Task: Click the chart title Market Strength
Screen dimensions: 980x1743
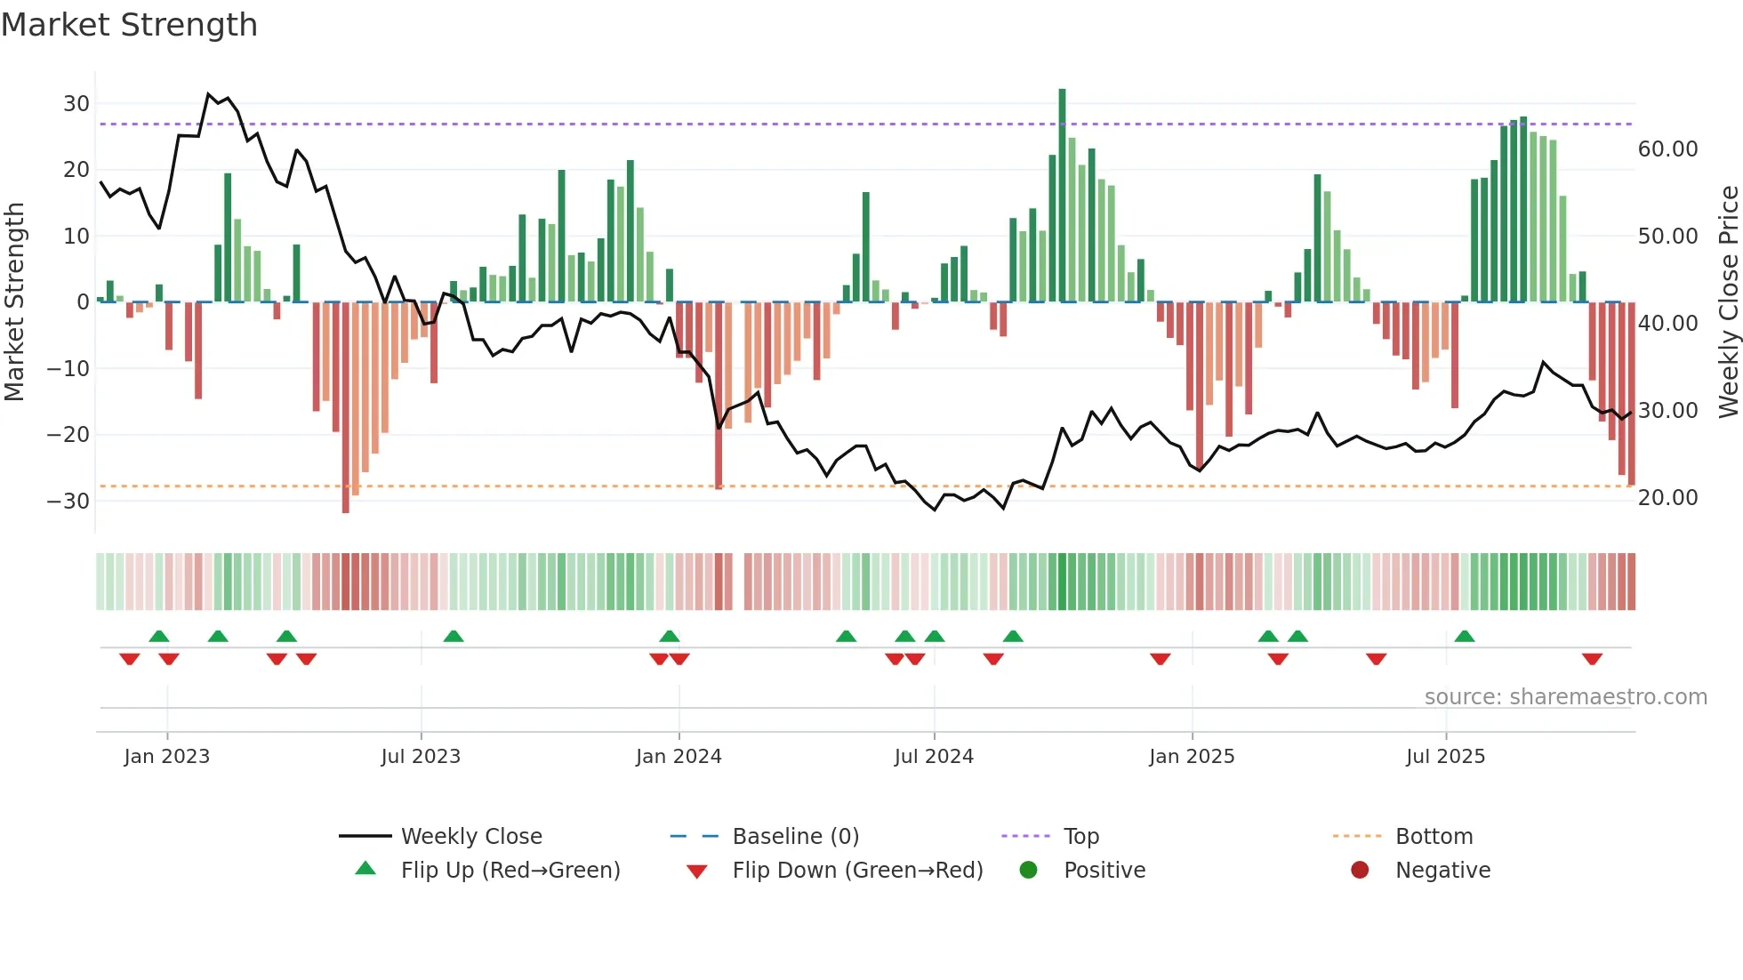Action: point(129,25)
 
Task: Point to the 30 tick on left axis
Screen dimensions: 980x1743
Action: point(76,103)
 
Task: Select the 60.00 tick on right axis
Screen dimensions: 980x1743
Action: point(1667,149)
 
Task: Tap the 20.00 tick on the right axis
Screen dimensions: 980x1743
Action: point(1667,498)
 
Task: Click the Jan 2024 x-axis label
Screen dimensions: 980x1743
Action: point(679,757)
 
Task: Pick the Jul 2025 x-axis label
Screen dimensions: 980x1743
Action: point(1445,757)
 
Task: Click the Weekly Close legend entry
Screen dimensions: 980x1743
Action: point(471,837)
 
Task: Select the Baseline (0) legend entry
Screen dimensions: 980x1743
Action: point(795,837)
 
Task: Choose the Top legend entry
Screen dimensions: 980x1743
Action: point(1080,837)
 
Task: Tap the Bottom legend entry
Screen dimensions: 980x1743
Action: point(1434,837)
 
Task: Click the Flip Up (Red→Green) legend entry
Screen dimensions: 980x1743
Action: point(510,871)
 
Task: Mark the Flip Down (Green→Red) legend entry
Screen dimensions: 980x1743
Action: point(857,871)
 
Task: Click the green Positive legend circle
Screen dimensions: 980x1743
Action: point(1029,871)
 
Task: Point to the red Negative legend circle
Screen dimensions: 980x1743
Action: point(1360,871)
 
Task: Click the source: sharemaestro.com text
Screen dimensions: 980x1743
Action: point(1565,697)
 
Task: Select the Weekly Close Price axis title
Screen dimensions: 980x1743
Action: point(1728,302)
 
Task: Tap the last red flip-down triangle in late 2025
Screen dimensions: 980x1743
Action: point(1592,659)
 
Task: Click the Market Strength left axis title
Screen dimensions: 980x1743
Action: point(14,302)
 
